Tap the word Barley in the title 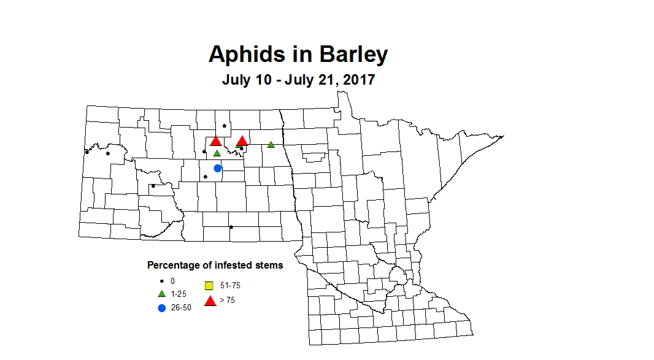(352, 54)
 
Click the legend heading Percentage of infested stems (215, 266)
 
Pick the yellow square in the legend (209, 285)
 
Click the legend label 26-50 (180, 308)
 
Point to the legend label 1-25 (178, 294)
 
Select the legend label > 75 (226, 301)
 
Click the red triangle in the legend (210, 301)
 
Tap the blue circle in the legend (162, 308)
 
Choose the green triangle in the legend (162, 294)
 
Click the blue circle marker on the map (217, 168)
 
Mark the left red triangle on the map (215, 141)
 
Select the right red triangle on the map (242, 140)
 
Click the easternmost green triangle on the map (271, 145)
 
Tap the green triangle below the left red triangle (217, 153)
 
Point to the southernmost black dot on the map (231, 227)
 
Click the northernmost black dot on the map (225, 126)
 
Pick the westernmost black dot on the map (87, 152)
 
